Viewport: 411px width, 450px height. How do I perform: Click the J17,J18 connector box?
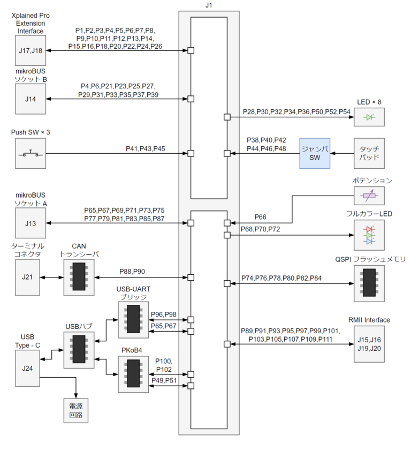click(31, 51)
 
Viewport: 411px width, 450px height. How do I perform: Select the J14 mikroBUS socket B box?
click(31, 99)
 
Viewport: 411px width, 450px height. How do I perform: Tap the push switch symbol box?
click(31, 154)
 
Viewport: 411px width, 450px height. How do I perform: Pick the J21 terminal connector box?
click(31, 277)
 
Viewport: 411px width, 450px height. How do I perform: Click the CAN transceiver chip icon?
click(79, 277)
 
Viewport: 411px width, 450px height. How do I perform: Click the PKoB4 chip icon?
click(133, 374)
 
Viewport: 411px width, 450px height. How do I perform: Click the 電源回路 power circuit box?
click(72, 411)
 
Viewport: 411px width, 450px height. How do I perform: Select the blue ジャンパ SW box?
click(315, 154)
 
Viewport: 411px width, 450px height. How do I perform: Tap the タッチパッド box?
click(369, 154)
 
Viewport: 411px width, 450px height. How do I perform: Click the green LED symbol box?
click(369, 117)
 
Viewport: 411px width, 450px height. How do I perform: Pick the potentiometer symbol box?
click(369, 196)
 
